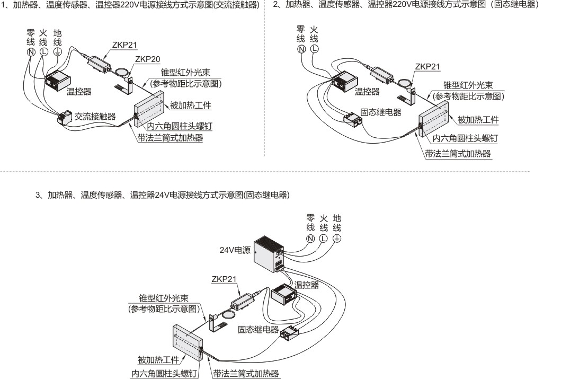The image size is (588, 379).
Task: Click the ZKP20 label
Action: (x=148, y=59)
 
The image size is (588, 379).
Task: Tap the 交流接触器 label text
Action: (x=94, y=116)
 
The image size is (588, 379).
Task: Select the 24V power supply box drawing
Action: (x=269, y=253)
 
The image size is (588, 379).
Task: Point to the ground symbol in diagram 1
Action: (x=57, y=52)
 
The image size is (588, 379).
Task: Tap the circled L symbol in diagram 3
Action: (x=323, y=238)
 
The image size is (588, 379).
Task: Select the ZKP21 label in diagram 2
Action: (x=427, y=67)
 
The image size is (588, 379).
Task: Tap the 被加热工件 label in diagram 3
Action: (x=158, y=360)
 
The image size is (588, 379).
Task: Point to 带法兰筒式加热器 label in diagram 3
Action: (x=246, y=373)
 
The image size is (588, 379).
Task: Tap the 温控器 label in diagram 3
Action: (x=307, y=285)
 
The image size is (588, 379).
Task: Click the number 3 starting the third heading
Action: (x=38, y=195)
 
